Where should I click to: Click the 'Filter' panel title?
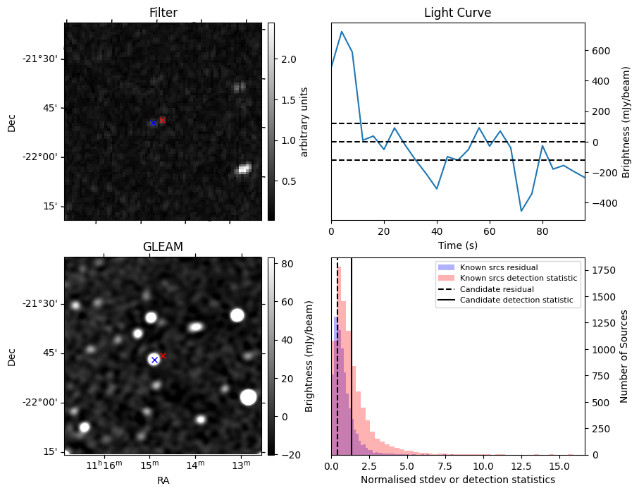click(x=163, y=13)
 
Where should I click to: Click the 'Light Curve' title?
click(x=457, y=13)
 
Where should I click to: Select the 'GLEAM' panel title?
click(x=163, y=247)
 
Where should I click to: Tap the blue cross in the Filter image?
click(x=153, y=123)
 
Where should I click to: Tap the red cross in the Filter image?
click(x=162, y=121)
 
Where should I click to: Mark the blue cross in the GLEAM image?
click(x=154, y=360)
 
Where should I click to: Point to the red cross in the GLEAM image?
click(x=163, y=355)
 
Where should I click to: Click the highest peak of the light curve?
click(x=342, y=32)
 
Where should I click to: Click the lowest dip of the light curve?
click(x=521, y=211)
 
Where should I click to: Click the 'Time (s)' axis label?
click(x=457, y=244)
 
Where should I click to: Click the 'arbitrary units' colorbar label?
click(x=304, y=121)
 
